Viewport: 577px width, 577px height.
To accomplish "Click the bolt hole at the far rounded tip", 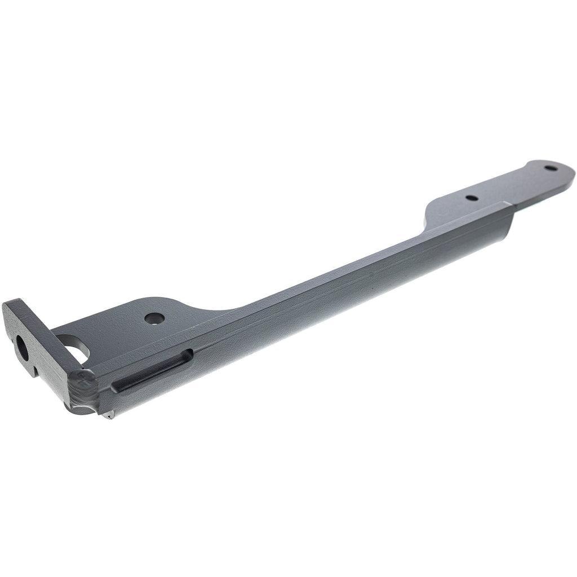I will point(550,168).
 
